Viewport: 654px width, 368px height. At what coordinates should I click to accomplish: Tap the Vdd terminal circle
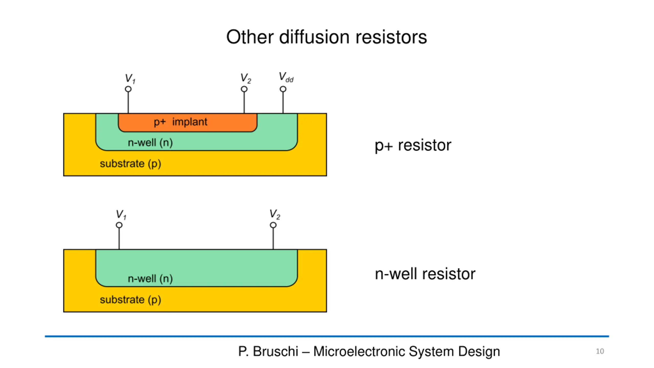[x=283, y=89]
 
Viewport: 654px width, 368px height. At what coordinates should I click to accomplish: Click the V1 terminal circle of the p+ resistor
[x=128, y=89]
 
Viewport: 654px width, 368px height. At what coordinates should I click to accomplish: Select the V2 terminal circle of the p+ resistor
[x=244, y=89]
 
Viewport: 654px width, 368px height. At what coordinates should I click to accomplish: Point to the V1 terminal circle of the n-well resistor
[x=119, y=225]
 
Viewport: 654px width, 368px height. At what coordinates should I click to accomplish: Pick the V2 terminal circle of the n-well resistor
[x=273, y=225]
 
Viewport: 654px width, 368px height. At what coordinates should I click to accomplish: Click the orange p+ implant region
[x=188, y=122]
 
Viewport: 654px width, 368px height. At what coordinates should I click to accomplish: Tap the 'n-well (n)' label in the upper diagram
[x=150, y=143]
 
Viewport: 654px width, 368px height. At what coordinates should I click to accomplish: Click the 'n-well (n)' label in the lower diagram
[x=150, y=279]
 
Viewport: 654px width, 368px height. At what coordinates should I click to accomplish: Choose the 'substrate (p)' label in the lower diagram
[x=130, y=300]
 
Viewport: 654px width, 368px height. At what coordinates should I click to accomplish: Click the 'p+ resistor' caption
[x=413, y=146]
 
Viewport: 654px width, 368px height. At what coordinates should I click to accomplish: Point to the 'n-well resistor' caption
[x=425, y=274]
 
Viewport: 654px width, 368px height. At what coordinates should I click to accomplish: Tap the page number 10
[x=600, y=351]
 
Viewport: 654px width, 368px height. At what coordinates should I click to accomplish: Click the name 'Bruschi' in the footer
[x=275, y=351]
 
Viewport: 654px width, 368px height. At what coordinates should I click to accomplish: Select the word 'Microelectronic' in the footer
[x=359, y=351]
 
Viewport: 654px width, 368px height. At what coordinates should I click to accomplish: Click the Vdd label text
[x=286, y=77]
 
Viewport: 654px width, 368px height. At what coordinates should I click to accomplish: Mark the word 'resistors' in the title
[x=391, y=37]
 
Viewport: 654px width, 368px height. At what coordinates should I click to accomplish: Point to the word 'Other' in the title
[x=250, y=37]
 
